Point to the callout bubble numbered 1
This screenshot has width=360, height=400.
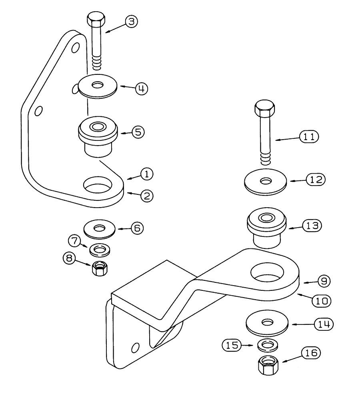[146, 174]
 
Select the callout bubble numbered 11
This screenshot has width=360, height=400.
[308, 137]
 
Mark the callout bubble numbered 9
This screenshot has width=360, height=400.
[324, 282]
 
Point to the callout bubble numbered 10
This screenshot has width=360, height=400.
[320, 300]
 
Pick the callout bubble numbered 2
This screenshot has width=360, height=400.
[146, 196]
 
